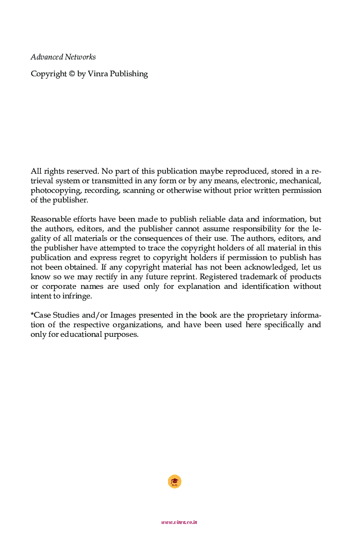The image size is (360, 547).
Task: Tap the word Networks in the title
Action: click(81, 57)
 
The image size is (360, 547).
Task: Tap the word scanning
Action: click(140, 190)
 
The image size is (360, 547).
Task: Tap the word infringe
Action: click(77, 296)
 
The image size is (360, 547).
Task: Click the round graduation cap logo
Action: click(175, 482)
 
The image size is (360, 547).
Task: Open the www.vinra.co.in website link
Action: click(180, 522)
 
